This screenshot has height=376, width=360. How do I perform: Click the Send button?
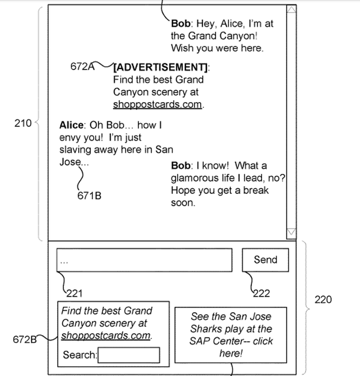265,260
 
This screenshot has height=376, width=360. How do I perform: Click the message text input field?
144,260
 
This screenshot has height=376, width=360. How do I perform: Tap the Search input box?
128,355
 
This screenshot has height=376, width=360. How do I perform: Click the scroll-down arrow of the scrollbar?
291,232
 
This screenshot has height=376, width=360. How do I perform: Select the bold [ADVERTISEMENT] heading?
160,68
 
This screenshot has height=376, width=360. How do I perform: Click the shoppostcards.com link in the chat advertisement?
157,104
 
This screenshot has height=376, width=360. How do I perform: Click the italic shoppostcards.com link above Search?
106,336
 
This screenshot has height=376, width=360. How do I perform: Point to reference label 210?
23,123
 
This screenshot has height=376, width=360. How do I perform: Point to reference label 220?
323,300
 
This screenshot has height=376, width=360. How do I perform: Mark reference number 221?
74,293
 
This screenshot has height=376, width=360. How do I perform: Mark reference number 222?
261,293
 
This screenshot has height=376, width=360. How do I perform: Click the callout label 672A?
82,66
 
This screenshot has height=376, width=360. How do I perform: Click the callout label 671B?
89,196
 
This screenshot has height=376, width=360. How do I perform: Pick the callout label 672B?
24,339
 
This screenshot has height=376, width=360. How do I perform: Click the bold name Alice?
71,125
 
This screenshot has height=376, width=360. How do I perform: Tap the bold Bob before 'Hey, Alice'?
181,24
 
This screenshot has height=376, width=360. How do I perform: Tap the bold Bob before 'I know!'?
181,166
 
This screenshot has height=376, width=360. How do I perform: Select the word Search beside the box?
79,355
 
